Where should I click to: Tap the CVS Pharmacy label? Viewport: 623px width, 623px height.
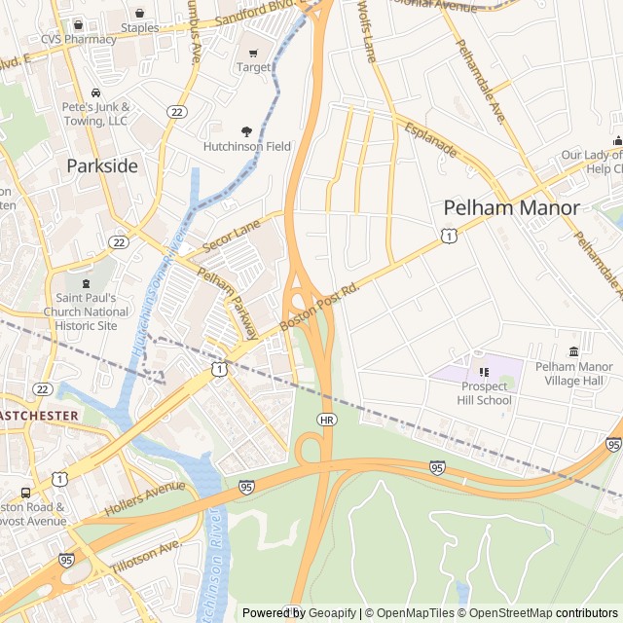coord(78,40)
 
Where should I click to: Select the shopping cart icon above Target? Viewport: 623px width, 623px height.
coord(254,53)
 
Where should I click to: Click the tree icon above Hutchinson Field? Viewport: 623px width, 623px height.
coord(246,131)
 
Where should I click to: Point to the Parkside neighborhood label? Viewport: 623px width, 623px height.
coord(102,166)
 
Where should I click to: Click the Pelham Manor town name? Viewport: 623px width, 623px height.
coord(511,207)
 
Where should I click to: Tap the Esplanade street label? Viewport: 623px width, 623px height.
coord(431,139)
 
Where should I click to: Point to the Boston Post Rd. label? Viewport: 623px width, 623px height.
coord(319,305)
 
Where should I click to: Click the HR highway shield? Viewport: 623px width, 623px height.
coord(327,419)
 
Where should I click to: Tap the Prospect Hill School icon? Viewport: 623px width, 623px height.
coord(485,371)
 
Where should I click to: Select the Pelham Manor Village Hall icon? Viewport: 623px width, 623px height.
coord(573,351)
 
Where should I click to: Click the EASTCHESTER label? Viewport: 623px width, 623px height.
coord(39,416)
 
